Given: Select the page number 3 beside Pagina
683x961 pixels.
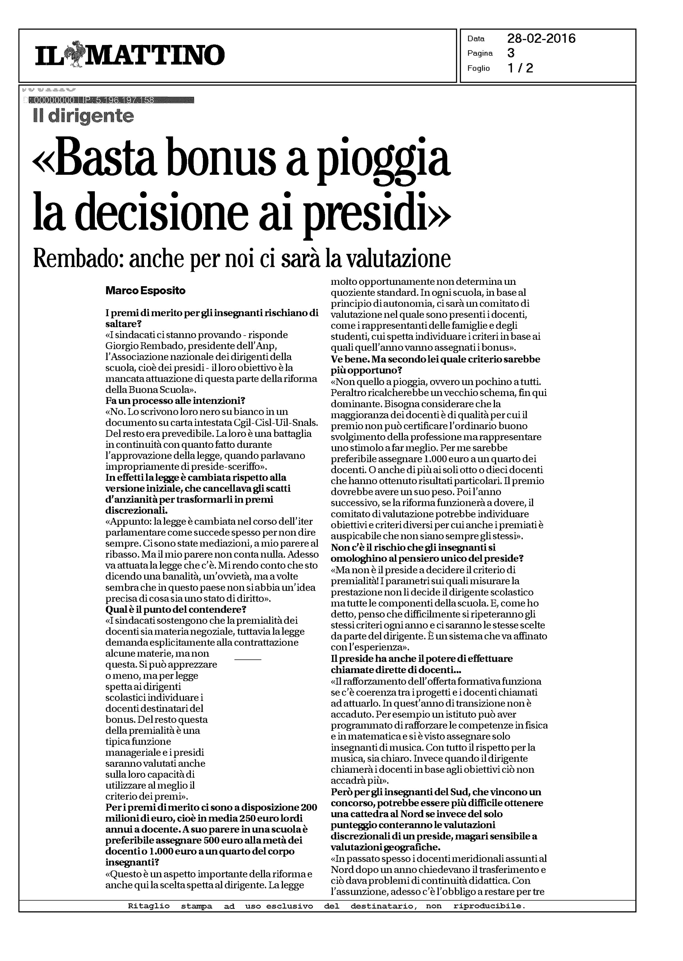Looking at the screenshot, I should tap(511, 53).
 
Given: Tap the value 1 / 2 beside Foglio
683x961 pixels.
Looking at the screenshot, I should tap(520, 68).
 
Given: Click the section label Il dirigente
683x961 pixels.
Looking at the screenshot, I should tap(83, 116).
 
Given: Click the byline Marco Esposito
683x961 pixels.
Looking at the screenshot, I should tap(145, 290).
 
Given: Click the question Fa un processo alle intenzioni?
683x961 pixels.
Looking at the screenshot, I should tap(175, 400).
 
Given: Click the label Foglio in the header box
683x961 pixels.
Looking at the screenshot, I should tap(479, 68).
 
